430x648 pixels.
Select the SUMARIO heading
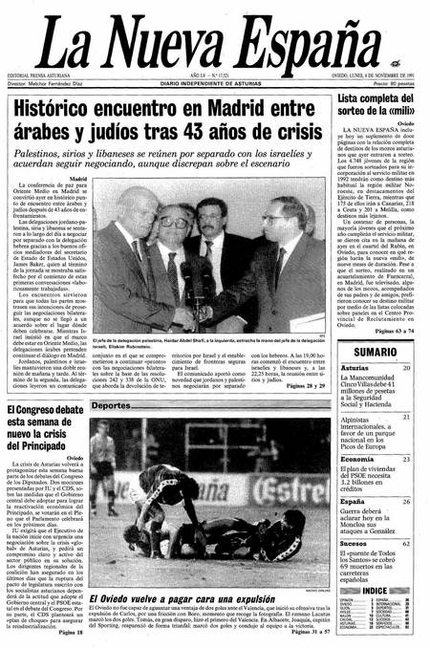[375, 353]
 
